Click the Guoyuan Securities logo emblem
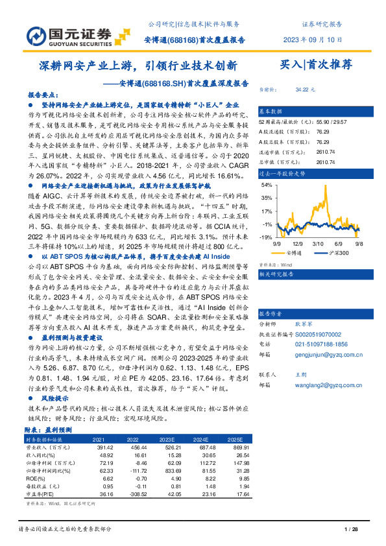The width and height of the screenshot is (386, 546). coord(37,34)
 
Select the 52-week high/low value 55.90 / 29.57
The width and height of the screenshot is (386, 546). coord(312,122)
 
